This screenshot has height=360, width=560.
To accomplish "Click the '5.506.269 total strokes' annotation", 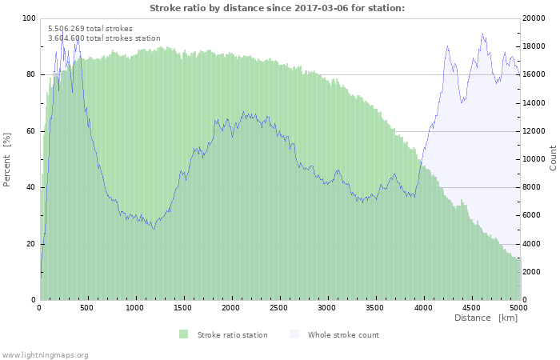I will [x=90, y=29].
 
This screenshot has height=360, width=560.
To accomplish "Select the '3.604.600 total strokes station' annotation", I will [x=104, y=38].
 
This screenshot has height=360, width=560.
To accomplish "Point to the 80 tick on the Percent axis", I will [x=31, y=75].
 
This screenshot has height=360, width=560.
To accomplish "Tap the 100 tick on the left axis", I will [x=29, y=18].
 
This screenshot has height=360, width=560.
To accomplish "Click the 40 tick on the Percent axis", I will [x=31, y=187].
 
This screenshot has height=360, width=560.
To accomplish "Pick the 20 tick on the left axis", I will [x=31, y=244].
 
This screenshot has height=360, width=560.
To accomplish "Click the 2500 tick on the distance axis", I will [x=279, y=307].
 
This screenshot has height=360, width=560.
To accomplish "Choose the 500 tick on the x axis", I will [x=87, y=307].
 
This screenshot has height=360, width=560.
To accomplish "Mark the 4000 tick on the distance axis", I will [x=422, y=307].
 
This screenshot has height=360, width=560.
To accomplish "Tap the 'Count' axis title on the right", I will [x=553, y=158].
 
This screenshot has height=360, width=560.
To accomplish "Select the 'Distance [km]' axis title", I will [x=486, y=318].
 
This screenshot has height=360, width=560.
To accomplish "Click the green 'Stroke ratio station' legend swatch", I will [x=183, y=334].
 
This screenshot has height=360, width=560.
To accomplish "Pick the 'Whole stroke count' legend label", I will [x=343, y=335].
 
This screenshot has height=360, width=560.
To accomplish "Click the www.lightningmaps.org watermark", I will [x=45, y=355].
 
